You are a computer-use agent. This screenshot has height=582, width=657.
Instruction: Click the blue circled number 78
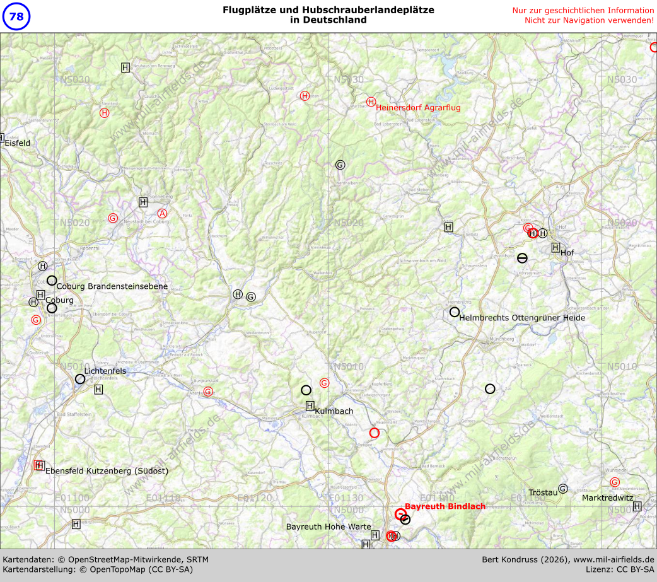click(16, 16)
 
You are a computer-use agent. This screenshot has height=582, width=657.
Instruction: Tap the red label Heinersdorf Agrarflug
click(418, 108)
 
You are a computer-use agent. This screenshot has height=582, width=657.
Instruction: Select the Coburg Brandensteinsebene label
click(112, 286)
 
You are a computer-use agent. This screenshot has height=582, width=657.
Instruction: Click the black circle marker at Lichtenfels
click(80, 379)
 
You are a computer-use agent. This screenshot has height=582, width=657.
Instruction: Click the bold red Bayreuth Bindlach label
click(445, 506)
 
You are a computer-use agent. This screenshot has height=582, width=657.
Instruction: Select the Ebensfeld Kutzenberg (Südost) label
click(107, 470)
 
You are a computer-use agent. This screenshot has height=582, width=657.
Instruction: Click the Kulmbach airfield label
click(334, 411)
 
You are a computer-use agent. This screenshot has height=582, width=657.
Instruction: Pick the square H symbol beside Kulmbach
click(310, 405)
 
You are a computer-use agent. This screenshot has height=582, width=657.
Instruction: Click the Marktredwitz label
click(607, 498)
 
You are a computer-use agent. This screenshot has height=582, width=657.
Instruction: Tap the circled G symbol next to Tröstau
click(563, 489)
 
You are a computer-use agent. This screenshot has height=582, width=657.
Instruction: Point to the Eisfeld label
click(18, 143)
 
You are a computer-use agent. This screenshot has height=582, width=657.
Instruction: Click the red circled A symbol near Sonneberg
click(162, 214)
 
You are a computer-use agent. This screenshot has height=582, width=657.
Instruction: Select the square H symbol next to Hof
click(555, 247)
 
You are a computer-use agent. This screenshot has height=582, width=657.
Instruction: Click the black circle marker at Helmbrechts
click(455, 312)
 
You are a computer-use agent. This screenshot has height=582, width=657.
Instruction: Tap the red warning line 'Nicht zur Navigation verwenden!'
click(589, 20)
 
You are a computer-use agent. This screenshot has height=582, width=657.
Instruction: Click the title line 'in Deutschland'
click(328, 20)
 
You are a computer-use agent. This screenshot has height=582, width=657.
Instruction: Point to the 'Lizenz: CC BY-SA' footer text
click(620, 569)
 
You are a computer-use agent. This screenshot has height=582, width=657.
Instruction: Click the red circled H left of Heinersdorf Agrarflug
click(371, 102)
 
